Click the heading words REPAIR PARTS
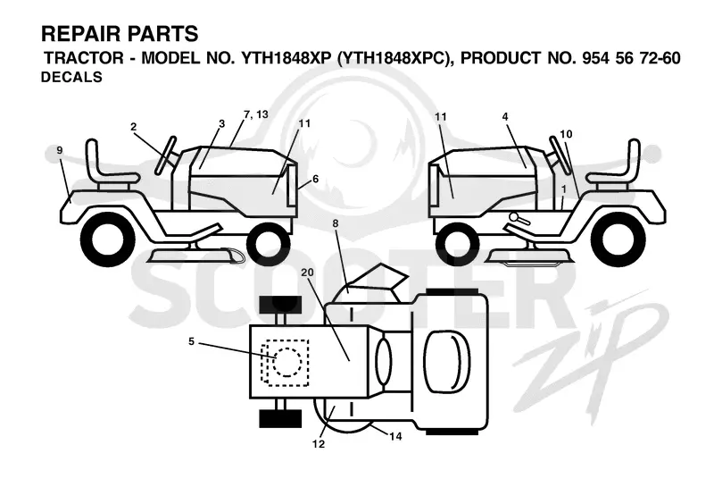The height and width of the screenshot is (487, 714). coord(120,34)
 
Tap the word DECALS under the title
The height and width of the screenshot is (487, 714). coord(71,77)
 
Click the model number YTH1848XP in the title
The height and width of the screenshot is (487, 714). coord(285,58)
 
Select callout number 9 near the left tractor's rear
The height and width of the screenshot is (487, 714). coord(60,150)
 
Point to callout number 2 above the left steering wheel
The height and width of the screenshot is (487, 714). coord(133,127)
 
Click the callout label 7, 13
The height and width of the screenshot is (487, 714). coord(256,114)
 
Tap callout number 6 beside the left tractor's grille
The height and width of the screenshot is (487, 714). coord(315,179)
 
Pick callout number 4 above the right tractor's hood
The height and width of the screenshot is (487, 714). coord(505,117)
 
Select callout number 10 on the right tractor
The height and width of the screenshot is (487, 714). coord(566,134)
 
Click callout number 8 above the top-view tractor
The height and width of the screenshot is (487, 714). coord(336,223)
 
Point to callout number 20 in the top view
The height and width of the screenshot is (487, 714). coord(307,273)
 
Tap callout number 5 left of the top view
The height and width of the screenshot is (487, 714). coord(191,341)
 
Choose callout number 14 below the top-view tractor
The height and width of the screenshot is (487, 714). coord(395,436)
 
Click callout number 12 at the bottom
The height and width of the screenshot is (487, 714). coord(319,444)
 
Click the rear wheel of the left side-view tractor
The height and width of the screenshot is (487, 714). coord(108,239)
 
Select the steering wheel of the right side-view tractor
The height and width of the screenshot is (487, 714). coord(560,155)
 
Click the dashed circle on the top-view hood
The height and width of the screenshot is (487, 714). coord(287,363)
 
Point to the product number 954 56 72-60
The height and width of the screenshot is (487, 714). coord(632,58)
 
